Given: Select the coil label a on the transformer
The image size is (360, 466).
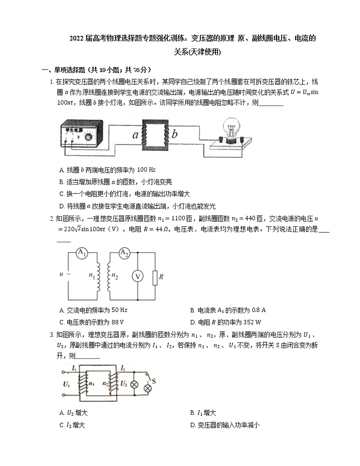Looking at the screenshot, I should point(135,134).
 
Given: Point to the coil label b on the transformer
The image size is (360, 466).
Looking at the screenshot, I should point(175,134).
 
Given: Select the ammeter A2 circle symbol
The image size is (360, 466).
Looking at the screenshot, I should point(124,253).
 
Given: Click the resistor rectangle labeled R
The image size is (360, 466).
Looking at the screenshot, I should point(155,277).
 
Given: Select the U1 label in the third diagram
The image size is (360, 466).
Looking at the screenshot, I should point(66,384).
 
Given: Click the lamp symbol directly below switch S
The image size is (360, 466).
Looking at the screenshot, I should point(147,388).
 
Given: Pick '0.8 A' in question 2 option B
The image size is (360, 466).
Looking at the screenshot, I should point(258,310).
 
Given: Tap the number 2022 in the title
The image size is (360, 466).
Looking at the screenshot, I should point(78,39).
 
